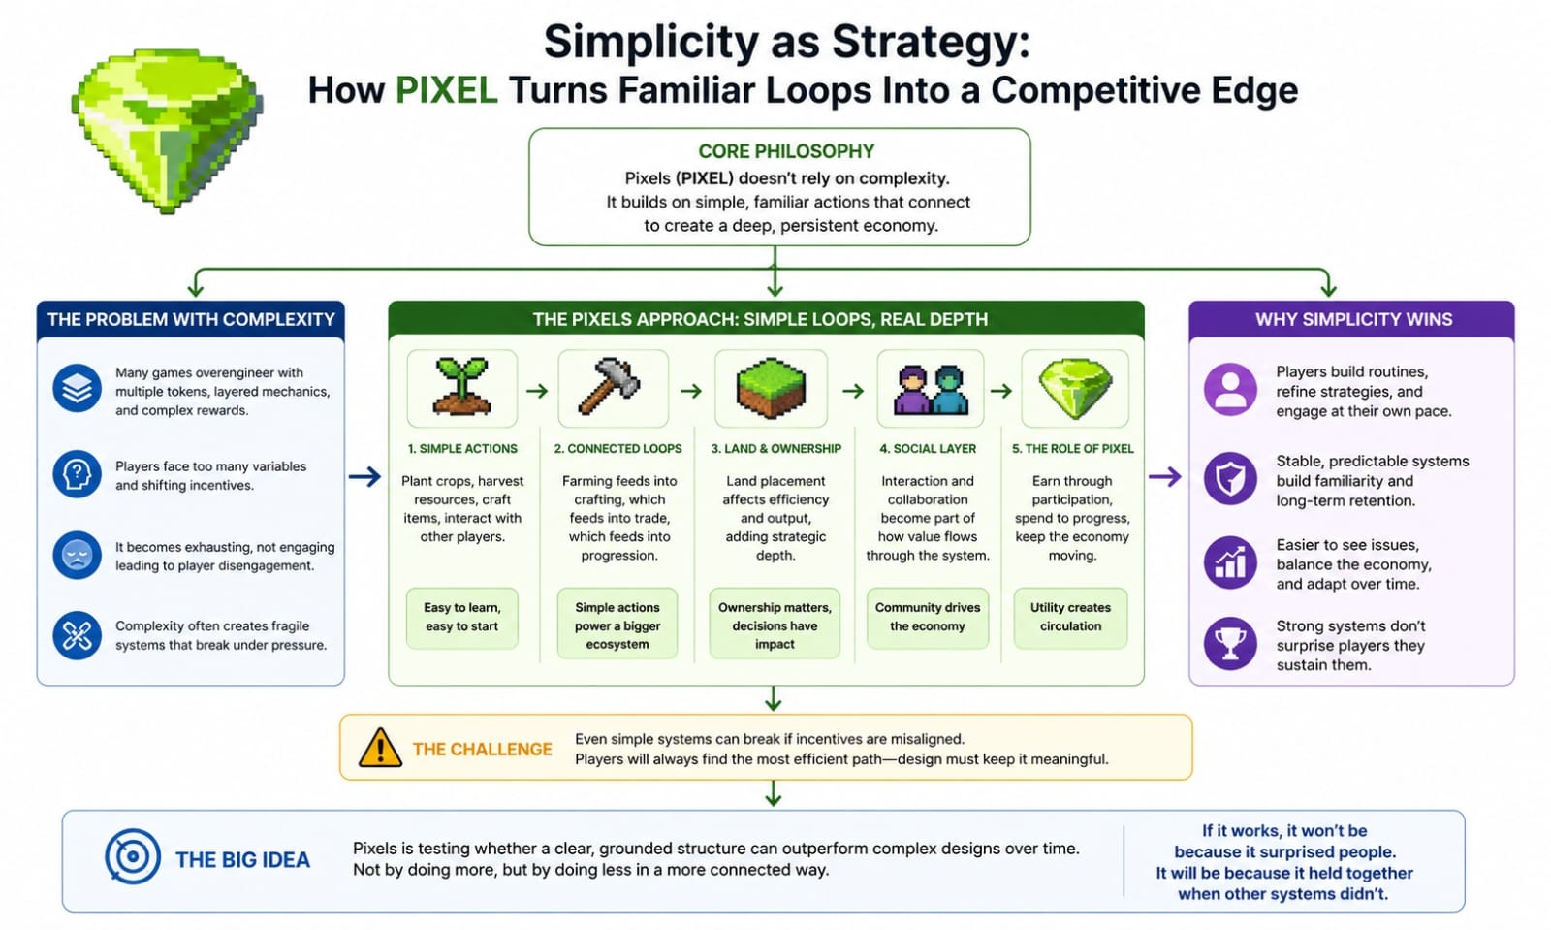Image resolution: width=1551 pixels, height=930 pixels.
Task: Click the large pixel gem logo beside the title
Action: pos(167,130)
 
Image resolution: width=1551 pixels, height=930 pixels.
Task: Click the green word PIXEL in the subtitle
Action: pos(446,90)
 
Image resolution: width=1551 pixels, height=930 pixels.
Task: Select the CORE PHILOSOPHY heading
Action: pos(785,151)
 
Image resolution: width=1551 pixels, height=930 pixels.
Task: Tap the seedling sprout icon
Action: pos(461,388)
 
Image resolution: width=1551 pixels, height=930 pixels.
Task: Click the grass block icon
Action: pos(771,388)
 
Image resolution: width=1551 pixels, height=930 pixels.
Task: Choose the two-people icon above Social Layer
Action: pos(930,389)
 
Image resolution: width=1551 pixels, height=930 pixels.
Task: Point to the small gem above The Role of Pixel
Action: pos(1074,389)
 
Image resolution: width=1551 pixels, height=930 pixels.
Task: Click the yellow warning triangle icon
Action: pos(380,748)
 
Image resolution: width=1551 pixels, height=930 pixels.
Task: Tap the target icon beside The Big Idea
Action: pos(133,857)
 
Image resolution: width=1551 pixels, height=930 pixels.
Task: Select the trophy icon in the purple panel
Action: pos(1230,643)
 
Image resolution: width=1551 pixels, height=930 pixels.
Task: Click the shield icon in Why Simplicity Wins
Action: pos(1230,478)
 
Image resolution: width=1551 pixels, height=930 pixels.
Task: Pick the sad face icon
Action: pos(78,556)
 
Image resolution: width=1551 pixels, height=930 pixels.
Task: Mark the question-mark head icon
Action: pos(78,475)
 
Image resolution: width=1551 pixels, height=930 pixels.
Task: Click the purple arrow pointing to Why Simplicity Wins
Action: pos(1164,476)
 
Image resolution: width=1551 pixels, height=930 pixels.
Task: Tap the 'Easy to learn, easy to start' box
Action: pos(461,617)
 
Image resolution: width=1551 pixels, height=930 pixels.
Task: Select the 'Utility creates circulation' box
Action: pos(1070,617)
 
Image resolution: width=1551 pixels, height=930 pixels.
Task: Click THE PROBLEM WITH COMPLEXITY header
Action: pos(191,319)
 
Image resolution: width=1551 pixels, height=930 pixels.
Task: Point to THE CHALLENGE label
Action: pos(482,749)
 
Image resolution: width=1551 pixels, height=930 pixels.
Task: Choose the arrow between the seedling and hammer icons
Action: pos(536,391)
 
